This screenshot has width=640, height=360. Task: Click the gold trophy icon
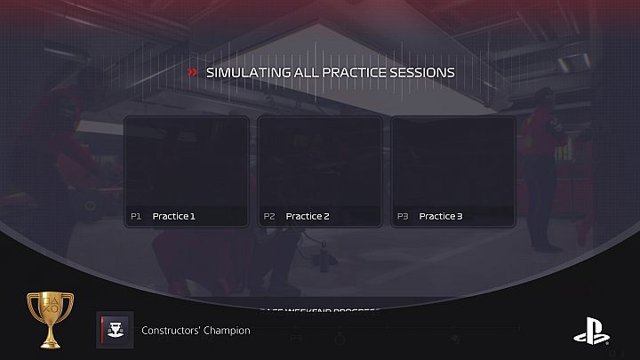51,320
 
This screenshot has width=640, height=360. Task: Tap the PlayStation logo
591,330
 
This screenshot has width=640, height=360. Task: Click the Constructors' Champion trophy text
196,331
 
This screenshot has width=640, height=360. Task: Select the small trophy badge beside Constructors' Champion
115,329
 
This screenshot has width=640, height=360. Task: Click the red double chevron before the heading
193,72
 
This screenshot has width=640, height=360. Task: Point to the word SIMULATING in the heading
244,72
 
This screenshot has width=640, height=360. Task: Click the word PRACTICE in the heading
349,72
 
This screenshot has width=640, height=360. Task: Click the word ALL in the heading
298,72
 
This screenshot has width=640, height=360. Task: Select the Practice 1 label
173,216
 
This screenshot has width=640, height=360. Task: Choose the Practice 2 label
308,216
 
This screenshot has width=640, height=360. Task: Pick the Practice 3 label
441,216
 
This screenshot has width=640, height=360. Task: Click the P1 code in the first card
136,216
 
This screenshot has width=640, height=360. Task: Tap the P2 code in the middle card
269,216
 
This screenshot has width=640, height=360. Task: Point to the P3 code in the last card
403,216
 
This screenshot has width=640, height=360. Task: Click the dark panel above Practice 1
187,162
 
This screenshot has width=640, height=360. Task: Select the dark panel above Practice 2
320,162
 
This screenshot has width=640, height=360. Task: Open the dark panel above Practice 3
453,162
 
